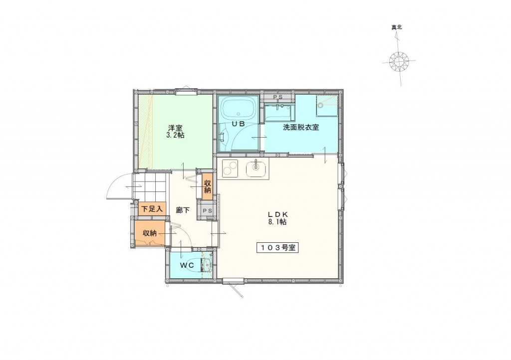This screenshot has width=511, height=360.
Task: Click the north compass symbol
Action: coord(399,62)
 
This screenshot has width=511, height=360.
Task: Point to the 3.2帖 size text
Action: coord(175,135)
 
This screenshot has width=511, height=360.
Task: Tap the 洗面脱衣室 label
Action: coord(301,127)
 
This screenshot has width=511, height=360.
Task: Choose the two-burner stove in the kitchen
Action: coord(230,170)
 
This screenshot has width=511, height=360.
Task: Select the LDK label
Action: coord(277,214)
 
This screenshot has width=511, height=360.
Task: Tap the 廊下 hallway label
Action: coord(183,210)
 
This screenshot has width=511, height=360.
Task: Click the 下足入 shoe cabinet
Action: coord(152,209)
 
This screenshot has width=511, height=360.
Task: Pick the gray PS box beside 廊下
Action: coord(208,211)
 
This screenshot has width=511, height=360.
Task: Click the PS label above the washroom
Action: coord(278,97)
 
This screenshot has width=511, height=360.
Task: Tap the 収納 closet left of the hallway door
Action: coord(150,233)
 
